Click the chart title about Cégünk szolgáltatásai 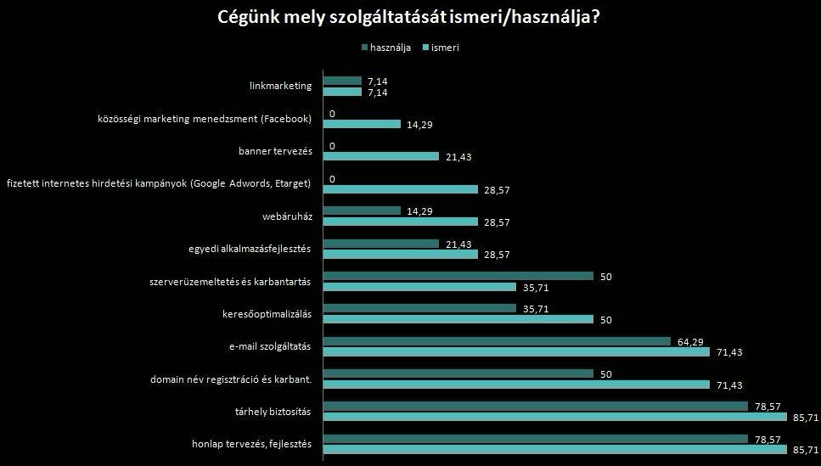(x=410, y=18)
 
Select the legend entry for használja (x=391, y=48)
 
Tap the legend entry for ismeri (x=445, y=48)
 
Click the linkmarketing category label (x=281, y=86)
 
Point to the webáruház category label (x=289, y=216)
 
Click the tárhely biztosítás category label (x=273, y=412)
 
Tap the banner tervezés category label (x=275, y=151)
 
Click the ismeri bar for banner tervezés (x=381, y=156)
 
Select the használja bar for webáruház (x=362, y=211)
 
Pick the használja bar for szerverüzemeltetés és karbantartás (x=458, y=276)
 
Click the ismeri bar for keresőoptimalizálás (x=458, y=319)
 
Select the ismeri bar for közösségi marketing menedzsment (x=362, y=124)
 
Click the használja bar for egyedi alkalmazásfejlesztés (x=381, y=244)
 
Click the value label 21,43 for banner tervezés (x=458, y=157)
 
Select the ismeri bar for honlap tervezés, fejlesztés (x=554, y=450)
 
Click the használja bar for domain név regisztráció (x=458, y=373)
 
